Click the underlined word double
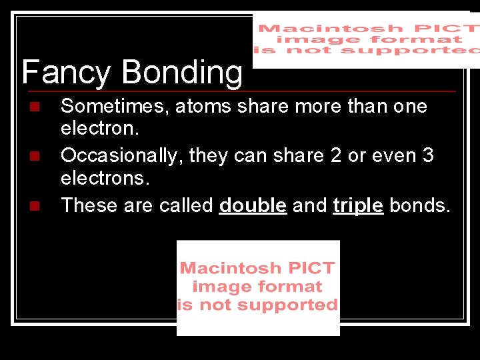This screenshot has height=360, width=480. pos(253,205)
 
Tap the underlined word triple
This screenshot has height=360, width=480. pos(358,205)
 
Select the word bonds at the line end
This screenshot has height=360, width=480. pos(420,205)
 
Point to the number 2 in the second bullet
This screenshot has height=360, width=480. pos(336,155)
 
